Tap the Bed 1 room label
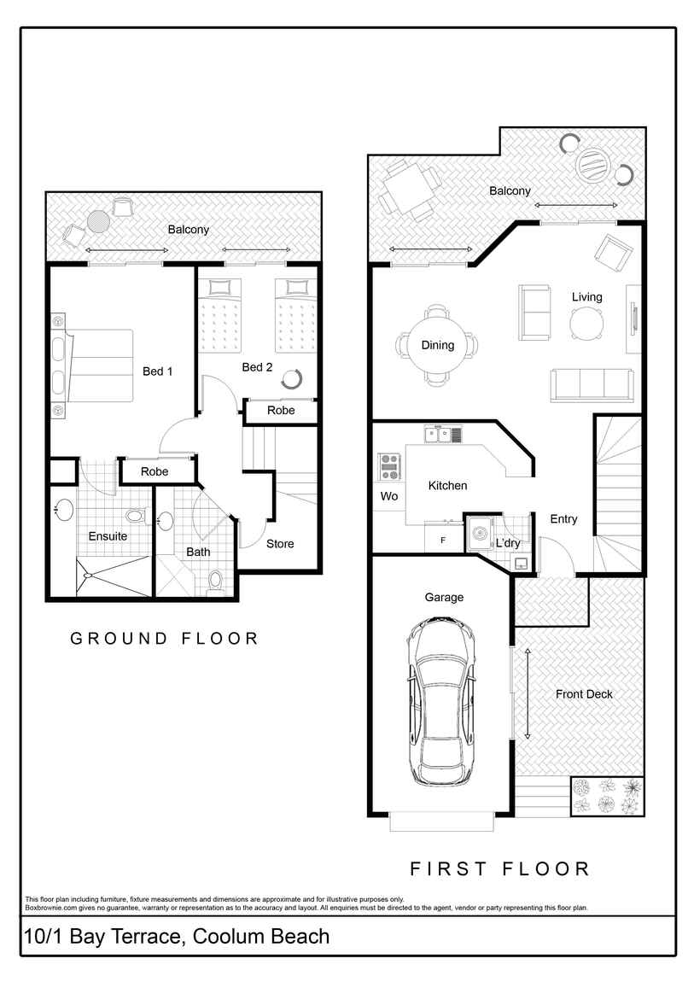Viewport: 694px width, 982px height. click(157, 371)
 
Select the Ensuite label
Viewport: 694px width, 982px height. click(108, 536)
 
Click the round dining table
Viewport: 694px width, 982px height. click(437, 345)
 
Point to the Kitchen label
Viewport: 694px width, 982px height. click(447, 485)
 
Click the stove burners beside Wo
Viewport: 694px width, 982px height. click(390, 467)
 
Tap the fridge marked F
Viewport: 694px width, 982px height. click(442, 540)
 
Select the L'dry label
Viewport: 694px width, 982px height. click(508, 543)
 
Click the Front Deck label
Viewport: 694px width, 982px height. click(584, 694)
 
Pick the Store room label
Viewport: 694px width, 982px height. click(280, 544)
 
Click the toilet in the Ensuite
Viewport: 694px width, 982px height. click(135, 517)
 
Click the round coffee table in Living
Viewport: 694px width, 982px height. click(586, 323)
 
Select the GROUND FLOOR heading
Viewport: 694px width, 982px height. click(164, 638)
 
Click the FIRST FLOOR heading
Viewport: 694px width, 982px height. click(499, 869)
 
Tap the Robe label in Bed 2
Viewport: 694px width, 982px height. click(281, 411)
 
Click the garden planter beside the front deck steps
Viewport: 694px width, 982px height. click(607, 796)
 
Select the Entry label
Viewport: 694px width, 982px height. click(563, 519)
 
